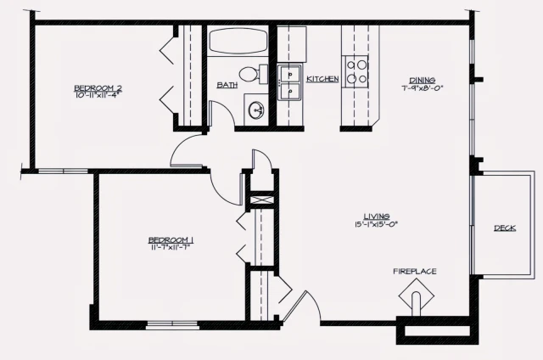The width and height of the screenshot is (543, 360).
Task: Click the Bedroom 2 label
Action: click(98, 87)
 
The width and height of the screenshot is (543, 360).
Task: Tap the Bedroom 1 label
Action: click(171, 239)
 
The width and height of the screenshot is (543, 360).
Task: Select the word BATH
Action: click(227, 85)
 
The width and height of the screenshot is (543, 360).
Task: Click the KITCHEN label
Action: click(322, 79)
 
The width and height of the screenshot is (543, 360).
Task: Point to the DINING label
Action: click(422, 79)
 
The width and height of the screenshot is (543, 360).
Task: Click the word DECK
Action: click(505, 228)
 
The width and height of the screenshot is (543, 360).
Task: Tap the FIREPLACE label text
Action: click(415, 272)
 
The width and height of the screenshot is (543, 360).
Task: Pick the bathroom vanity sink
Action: click(256, 110)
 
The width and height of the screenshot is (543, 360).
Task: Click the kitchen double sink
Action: click(291, 82)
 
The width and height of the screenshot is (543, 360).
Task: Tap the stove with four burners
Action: click(357, 70)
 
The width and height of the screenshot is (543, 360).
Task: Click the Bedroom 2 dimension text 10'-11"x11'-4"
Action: click(98, 96)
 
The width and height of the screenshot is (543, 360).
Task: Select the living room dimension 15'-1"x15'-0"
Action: click(376, 224)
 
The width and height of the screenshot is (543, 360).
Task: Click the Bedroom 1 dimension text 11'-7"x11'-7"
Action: click(171, 247)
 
